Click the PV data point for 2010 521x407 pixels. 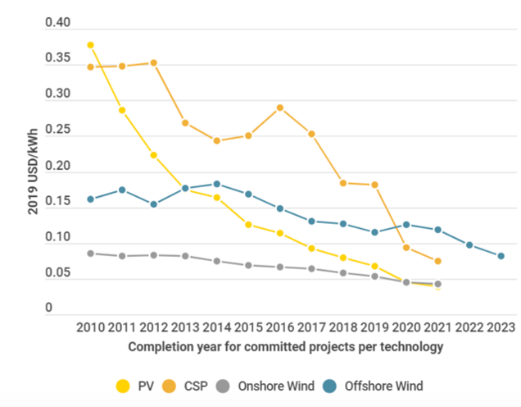click(90, 45)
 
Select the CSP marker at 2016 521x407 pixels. click(280, 107)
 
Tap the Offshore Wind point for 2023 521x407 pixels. click(501, 256)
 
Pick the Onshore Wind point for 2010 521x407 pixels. click(90, 254)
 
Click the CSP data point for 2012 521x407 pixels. click(154, 63)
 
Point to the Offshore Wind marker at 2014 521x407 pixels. click(217, 184)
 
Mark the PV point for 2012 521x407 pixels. click(154, 155)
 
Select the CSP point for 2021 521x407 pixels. click(438, 261)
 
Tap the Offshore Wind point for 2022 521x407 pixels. click(469, 245)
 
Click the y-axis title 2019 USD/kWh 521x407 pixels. click(34, 169)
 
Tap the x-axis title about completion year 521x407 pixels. click(285, 346)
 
